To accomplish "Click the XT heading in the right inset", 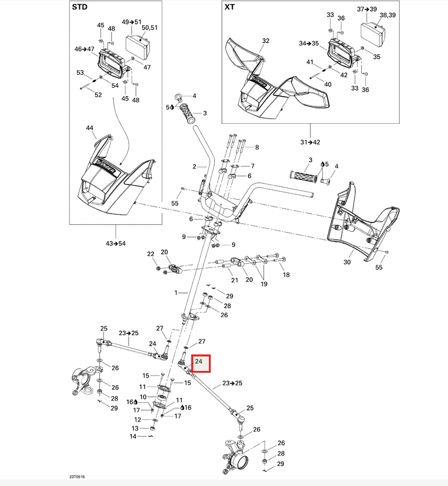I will [x=229, y=8].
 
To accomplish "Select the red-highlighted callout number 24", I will [x=199, y=362].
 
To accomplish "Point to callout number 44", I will [x=90, y=128].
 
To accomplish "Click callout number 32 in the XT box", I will [x=266, y=41].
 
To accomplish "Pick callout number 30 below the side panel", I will [x=347, y=262].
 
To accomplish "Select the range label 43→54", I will [x=116, y=244].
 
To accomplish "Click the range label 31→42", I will [x=310, y=142].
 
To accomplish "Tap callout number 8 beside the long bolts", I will [x=257, y=147].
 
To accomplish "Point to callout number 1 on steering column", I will [x=175, y=293].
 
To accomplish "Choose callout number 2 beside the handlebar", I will [x=194, y=167].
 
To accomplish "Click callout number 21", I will [x=234, y=280].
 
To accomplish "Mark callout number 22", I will [x=151, y=254].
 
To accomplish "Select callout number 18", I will [x=286, y=275].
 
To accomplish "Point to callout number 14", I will [x=133, y=436].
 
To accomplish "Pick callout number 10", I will [x=143, y=396].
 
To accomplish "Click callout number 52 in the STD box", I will [x=98, y=95].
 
